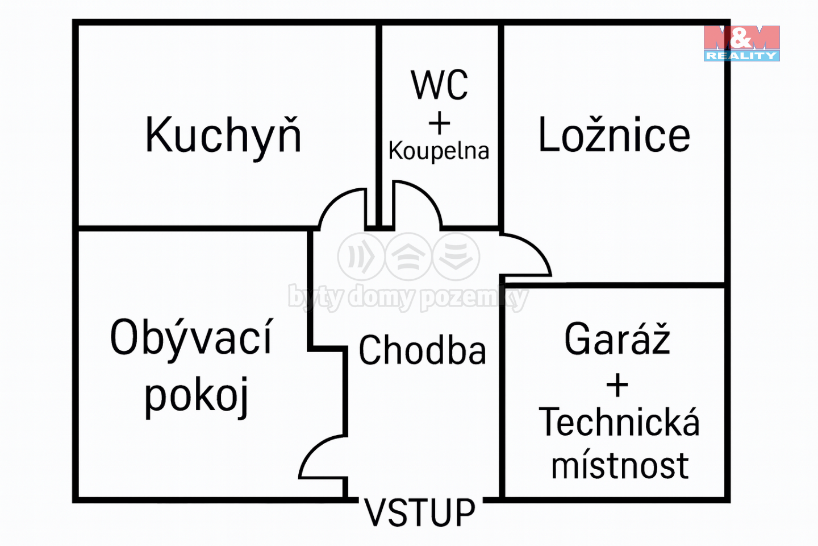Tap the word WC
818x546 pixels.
(x=439, y=85)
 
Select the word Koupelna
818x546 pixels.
(x=439, y=151)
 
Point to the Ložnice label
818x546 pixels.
(x=614, y=134)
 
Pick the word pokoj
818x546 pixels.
(x=197, y=397)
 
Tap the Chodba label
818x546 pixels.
(x=423, y=350)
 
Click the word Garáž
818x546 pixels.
(x=617, y=338)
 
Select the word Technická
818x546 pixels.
(x=619, y=422)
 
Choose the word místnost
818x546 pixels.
(x=620, y=465)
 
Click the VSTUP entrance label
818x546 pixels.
(x=420, y=512)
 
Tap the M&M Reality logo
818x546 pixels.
(x=742, y=43)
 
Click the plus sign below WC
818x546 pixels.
(x=439, y=123)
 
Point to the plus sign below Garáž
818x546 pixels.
(x=617, y=385)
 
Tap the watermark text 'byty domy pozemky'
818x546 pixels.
(x=408, y=297)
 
